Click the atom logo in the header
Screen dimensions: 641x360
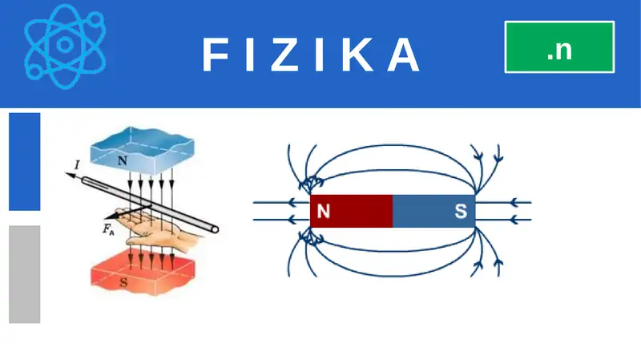click(x=65, y=46)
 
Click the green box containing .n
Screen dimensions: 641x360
click(x=559, y=47)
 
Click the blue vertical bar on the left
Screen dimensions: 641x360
click(x=25, y=162)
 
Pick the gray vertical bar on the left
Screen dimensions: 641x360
click(x=25, y=274)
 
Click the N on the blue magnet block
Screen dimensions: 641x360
click(x=123, y=161)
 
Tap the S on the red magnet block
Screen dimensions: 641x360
click(x=123, y=282)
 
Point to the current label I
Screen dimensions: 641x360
click(x=77, y=165)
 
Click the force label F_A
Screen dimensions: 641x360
click(x=108, y=229)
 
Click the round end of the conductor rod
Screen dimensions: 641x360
click(x=214, y=229)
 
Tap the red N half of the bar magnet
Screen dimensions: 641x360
click(x=352, y=211)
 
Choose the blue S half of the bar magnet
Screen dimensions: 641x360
click(x=434, y=211)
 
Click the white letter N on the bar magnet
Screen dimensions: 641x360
click(x=324, y=211)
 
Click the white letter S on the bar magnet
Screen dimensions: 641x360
click(x=461, y=211)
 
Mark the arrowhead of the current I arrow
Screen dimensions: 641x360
click(x=70, y=176)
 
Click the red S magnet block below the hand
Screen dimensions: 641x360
click(x=143, y=272)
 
